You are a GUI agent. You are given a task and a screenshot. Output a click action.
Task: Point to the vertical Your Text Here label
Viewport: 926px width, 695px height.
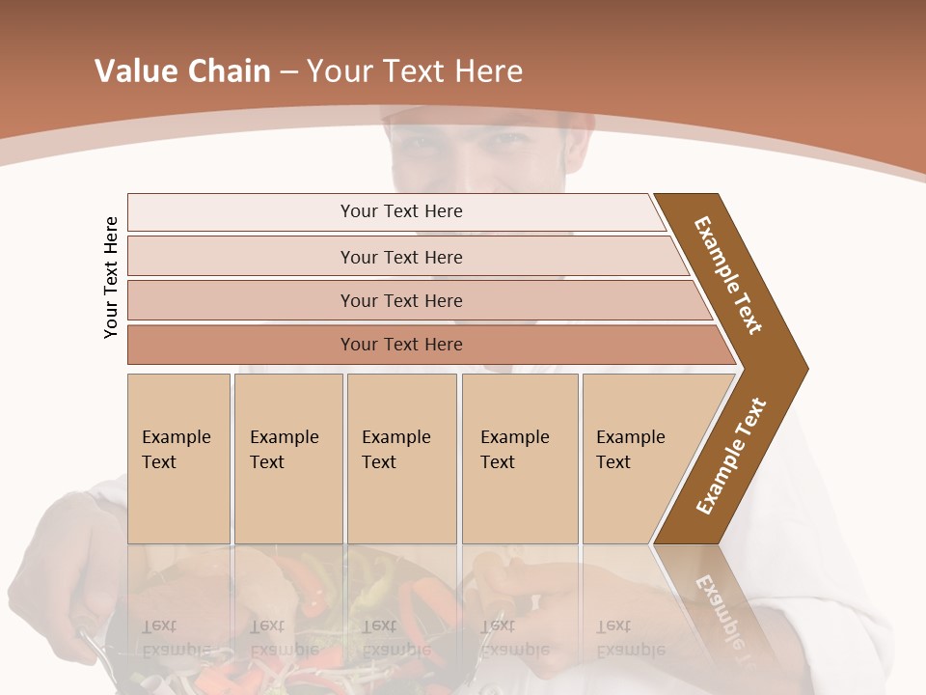coord(111,277)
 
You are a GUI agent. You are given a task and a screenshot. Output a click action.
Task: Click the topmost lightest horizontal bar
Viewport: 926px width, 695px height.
coord(395,211)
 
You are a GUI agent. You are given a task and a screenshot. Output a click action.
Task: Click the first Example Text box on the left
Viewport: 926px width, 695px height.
coord(178,459)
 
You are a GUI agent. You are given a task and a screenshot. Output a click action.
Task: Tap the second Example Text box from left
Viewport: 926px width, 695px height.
coord(287,459)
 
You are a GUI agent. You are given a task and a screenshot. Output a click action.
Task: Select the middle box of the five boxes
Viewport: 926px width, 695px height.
coord(401,459)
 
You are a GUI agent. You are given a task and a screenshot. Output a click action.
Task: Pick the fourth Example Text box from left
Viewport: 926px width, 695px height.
coord(520,459)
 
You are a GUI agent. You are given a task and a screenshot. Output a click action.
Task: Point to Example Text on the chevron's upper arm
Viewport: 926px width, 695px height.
coord(728,275)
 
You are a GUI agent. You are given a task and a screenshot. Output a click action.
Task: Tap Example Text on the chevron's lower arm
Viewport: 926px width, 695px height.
coord(731,457)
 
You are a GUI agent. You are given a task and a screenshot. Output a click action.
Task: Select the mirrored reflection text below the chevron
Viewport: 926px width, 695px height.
coord(720,608)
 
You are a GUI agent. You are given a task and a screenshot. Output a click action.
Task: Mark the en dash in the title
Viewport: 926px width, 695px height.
coord(288,72)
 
